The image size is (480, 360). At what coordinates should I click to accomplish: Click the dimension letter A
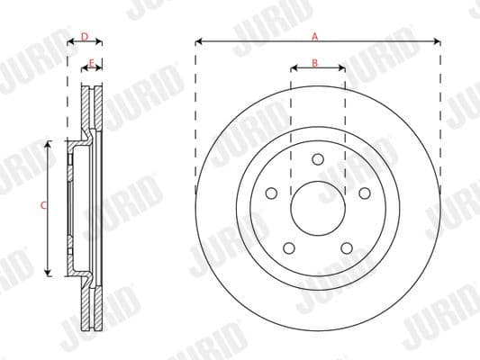315,36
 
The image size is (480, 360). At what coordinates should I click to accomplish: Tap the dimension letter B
315,62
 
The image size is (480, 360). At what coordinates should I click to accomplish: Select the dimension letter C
43,206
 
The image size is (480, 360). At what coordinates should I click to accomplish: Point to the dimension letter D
84,36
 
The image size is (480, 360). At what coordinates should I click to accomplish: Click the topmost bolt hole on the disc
318,159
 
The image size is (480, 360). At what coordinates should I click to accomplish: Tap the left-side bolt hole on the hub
271,193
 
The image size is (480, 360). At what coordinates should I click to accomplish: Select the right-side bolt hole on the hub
365,193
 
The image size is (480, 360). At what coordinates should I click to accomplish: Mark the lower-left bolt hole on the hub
289,248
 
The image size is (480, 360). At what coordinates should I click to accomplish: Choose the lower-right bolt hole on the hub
347,248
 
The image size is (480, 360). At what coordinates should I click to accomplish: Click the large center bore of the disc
318,209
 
